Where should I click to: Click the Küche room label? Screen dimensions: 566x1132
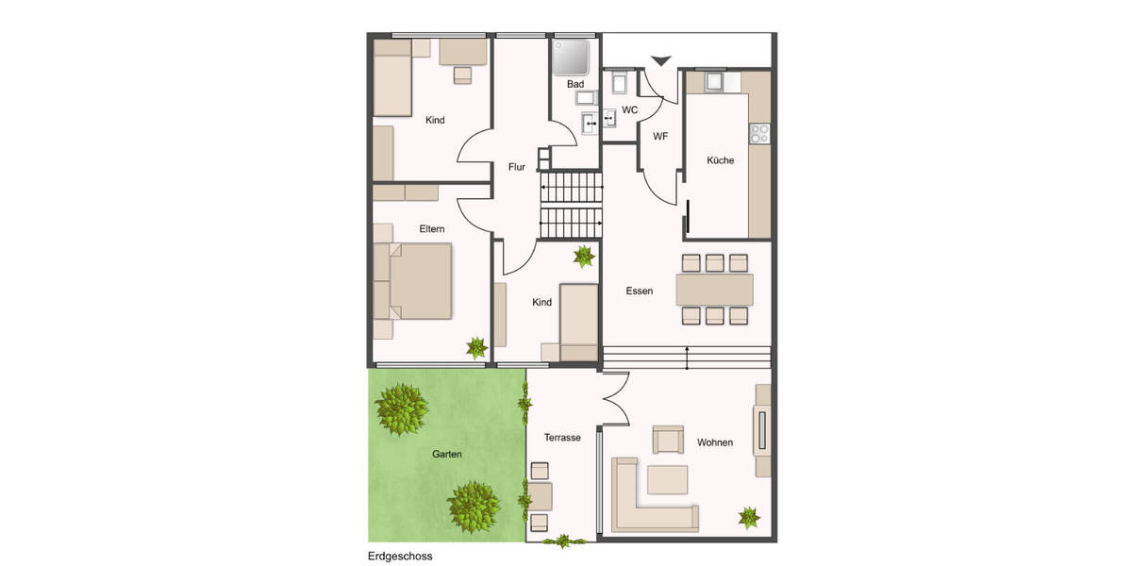[x=720, y=160]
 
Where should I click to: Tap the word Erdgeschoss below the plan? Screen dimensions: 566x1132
[x=400, y=558]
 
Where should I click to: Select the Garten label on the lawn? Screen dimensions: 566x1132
[x=447, y=454]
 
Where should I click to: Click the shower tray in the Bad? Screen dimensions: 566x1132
[x=571, y=58]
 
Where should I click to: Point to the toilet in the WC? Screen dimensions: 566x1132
[x=619, y=84]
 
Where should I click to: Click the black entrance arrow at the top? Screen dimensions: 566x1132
[x=661, y=61]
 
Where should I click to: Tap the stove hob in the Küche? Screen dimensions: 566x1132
[x=759, y=134]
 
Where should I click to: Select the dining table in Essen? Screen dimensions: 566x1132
[x=714, y=289]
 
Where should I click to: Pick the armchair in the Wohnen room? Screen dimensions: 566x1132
[x=668, y=440]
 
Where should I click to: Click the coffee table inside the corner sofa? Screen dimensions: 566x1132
[x=666, y=479]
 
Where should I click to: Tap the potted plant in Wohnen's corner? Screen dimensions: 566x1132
[x=749, y=517]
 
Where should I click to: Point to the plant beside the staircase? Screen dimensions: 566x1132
[x=584, y=256]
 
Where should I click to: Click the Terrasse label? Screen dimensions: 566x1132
[x=562, y=438]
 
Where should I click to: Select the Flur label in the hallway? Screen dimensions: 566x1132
[x=516, y=167]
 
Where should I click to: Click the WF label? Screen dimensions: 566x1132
[x=660, y=137]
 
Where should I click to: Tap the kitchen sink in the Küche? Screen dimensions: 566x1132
[x=714, y=82]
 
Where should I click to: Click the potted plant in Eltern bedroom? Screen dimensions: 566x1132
[x=476, y=347]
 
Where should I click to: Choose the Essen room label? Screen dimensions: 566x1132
[x=639, y=291]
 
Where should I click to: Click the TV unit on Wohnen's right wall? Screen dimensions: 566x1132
[x=761, y=431]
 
